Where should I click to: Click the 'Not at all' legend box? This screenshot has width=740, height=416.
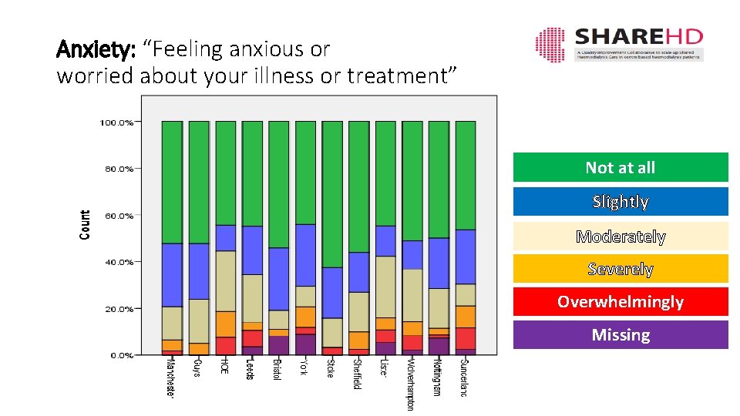tap(621, 167)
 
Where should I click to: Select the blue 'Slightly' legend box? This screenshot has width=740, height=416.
tap(621, 201)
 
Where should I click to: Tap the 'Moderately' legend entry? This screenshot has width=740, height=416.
tap(621, 236)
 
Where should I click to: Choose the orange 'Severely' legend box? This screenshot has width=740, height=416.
tap(621, 268)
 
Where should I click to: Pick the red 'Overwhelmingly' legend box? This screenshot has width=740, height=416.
tap(621, 301)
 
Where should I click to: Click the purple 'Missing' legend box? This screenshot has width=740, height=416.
tap(621, 334)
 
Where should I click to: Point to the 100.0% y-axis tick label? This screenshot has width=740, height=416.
tap(116, 122)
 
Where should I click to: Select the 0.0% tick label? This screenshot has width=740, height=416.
tap(120, 355)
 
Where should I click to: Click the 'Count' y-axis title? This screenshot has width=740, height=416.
tap(85, 224)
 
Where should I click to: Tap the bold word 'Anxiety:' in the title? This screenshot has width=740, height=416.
tap(96, 49)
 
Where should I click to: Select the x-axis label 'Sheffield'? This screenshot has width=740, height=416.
tap(357, 374)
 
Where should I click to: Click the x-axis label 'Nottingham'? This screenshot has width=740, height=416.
tap(436, 377)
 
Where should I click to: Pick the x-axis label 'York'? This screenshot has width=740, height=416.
tap(304, 364)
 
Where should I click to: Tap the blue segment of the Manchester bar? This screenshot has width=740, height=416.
tap(172, 275)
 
